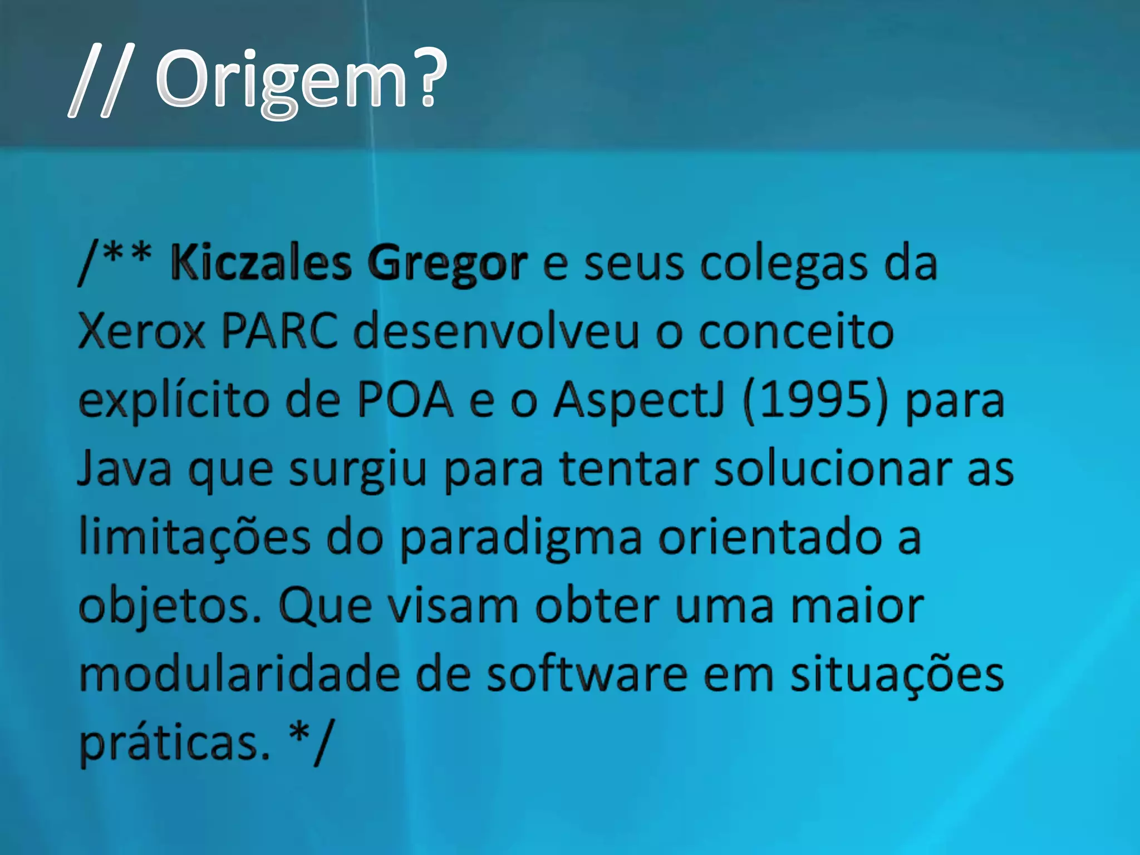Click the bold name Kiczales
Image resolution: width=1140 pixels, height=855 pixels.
point(261,263)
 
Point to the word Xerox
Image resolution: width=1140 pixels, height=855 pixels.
point(141,332)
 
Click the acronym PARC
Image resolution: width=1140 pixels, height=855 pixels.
point(279,332)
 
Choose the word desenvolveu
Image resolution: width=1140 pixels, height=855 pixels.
point(496,332)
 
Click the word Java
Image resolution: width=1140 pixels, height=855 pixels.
point(124,469)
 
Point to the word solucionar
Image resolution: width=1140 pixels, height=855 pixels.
point(833,469)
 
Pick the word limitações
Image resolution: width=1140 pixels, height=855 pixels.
point(194,538)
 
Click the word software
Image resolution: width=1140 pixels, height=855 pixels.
point(587,675)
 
